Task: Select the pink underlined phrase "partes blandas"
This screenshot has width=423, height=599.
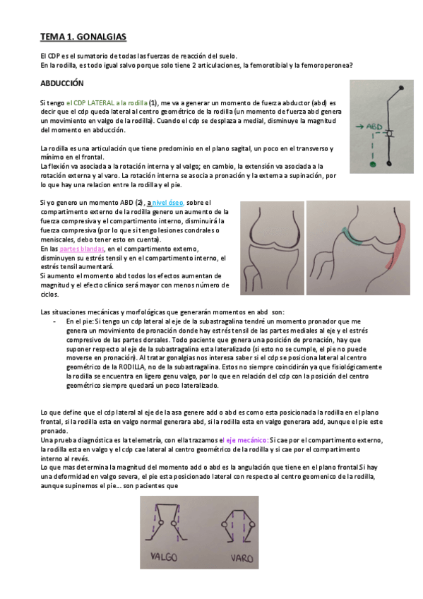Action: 82,249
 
